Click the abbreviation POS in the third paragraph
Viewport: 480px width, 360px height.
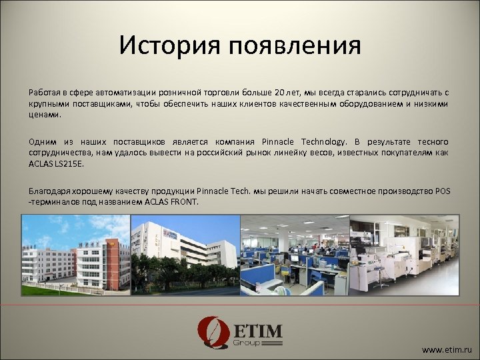point(442,191)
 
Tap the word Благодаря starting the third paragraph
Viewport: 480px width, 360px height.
point(49,191)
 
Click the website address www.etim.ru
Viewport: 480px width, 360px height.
point(447,349)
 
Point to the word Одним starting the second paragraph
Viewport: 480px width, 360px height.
point(42,142)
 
